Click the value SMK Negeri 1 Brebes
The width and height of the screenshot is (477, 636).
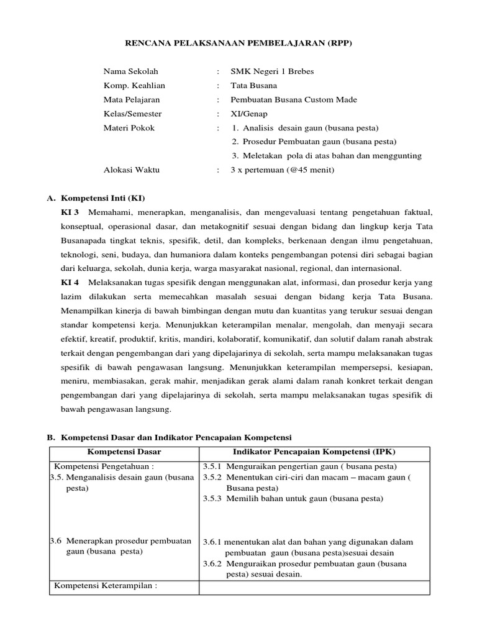tap(272, 71)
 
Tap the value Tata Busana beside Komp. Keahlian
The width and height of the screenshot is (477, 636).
tap(253, 86)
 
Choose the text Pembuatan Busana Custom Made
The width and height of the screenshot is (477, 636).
tap(294, 100)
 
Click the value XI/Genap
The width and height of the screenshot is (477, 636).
tap(250, 114)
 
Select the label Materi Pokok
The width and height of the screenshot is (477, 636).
tap(129, 129)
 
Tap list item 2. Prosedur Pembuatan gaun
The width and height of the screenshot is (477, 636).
tap(313, 142)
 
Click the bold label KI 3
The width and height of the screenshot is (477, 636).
tap(69, 212)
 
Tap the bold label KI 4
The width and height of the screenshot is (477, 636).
tap(69, 282)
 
